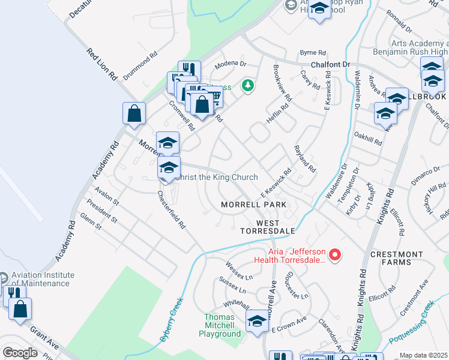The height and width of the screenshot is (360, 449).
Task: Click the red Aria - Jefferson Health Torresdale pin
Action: tap(336, 255)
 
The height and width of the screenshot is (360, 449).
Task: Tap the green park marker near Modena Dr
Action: tap(247, 86)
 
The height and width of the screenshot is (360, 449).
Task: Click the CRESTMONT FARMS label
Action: tap(396, 258)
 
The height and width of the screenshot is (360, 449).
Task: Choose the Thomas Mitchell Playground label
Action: tap(223, 325)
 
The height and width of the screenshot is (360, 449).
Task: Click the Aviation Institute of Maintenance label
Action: tap(43, 279)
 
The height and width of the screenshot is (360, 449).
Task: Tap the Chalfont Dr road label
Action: tap(330, 64)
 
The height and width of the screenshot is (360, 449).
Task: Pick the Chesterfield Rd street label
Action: tap(172, 210)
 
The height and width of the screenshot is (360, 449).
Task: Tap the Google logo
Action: tap(20, 353)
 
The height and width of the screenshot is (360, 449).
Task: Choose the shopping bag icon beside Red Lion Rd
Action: tap(134, 113)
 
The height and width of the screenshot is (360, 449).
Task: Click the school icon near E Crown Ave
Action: tap(258, 320)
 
